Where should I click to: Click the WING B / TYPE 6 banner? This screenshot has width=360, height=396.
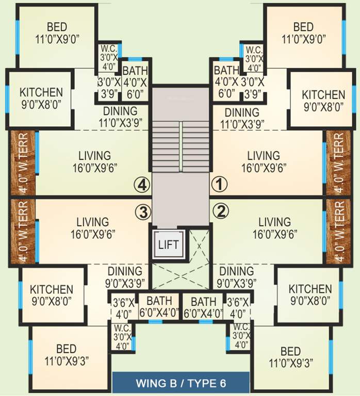coord(181,383)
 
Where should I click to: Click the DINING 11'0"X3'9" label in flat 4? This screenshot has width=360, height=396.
coord(120,117)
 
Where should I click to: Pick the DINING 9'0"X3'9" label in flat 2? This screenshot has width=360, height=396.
coord(236,277)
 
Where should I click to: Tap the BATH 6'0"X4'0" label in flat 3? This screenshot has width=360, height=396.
coord(159,307)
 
